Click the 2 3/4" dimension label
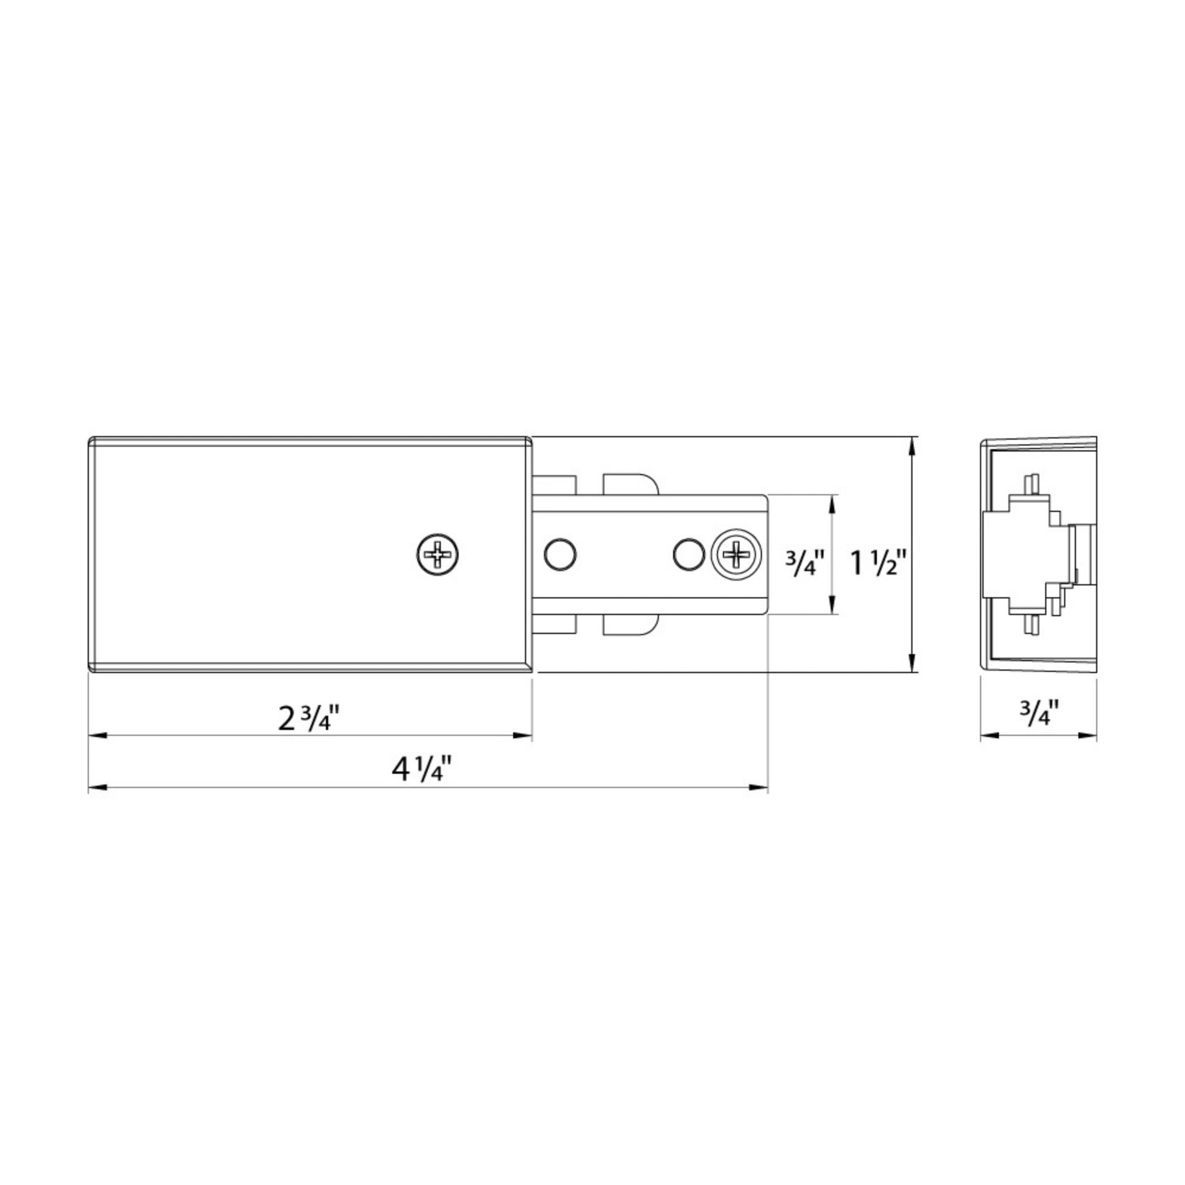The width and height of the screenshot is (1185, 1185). (309, 718)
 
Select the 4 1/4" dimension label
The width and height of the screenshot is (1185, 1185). (422, 769)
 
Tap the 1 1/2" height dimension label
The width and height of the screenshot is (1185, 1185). (877, 563)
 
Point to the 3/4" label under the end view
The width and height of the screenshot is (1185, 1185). (1040, 713)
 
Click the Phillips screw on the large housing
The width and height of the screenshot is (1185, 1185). (438, 555)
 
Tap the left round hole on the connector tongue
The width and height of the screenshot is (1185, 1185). (560, 555)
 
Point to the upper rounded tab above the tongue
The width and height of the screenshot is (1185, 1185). (632, 483)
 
